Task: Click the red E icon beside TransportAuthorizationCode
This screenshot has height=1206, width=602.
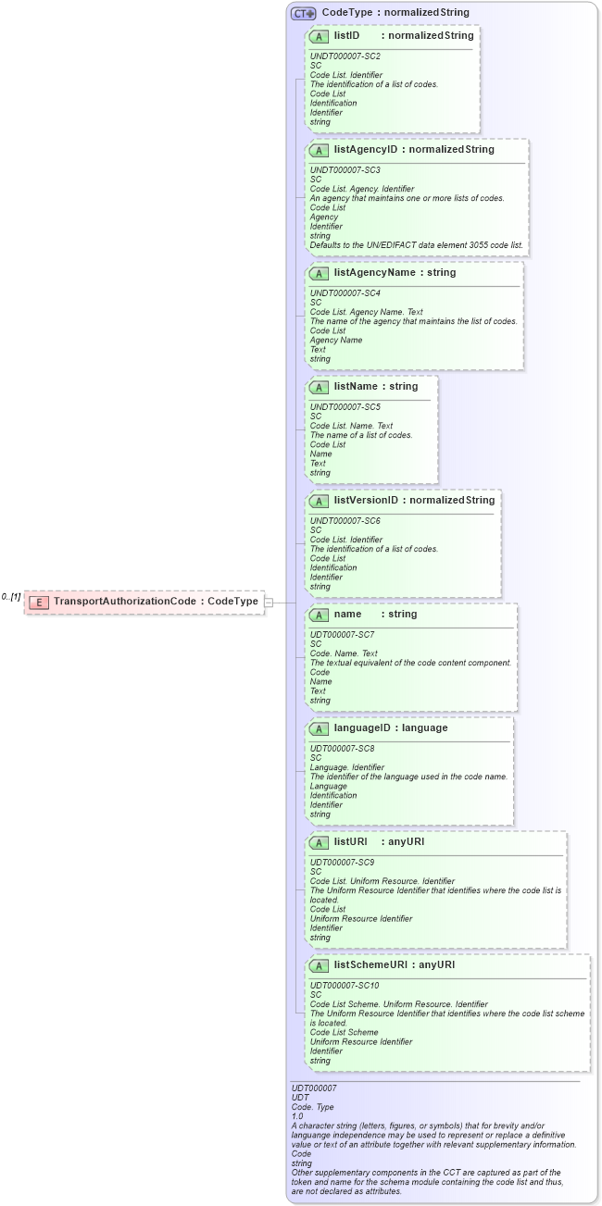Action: click(39, 602)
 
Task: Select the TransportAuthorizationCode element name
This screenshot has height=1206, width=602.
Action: click(125, 602)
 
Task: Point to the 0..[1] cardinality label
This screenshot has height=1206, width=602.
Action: click(11, 597)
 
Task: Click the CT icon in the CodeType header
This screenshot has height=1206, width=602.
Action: click(303, 14)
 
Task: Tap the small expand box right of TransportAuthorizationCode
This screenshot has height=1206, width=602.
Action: click(269, 602)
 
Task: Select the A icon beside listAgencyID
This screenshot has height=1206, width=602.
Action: click(320, 150)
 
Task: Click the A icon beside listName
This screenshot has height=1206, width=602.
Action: click(320, 387)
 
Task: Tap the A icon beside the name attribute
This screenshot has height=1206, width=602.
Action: click(320, 615)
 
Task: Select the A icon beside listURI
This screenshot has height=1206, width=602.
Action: click(320, 842)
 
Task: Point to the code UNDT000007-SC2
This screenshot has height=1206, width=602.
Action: click(345, 56)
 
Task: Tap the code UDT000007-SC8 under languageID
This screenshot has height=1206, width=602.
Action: click(342, 748)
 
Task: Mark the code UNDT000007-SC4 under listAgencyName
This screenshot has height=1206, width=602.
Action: click(345, 292)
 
